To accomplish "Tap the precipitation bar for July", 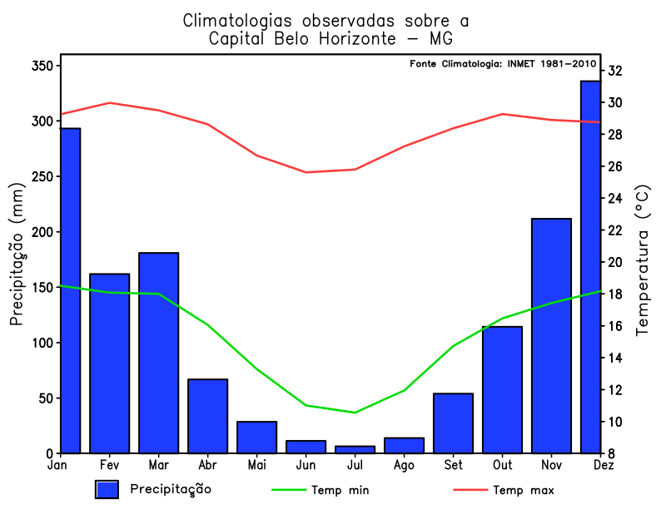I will [355, 449].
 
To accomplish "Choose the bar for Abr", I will [207, 416].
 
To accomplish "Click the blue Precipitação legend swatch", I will [107, 490].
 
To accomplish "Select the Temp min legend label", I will [340, 490].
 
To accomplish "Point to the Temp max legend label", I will [523, 490].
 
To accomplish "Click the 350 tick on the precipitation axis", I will [42, 66].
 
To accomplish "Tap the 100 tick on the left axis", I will [42, 343].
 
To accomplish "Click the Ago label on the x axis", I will [404, 465].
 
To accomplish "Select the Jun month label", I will [306, 465].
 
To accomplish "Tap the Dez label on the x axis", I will [601, 465].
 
